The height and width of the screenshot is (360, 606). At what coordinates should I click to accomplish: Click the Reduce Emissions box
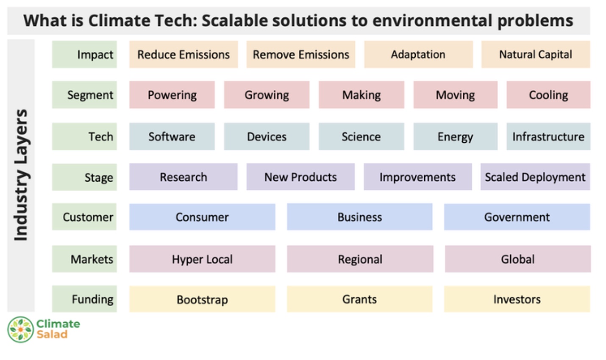(x=183, y=54)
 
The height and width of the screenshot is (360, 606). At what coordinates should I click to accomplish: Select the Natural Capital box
(x=535, y=54)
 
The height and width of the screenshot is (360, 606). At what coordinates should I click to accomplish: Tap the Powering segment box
(x=172, y=95)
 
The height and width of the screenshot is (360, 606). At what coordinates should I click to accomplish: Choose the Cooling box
(x=548, y=95)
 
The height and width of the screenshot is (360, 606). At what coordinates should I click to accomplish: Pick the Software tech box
(x=172, y=136)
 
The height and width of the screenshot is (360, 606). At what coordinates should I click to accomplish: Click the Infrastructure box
(x=548, y=136)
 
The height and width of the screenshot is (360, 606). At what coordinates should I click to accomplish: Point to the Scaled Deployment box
(x=535, y=177)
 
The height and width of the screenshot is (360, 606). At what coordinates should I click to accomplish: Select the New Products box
(x=300, y=177)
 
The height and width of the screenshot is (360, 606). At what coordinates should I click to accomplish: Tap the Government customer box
(x=517, y=217)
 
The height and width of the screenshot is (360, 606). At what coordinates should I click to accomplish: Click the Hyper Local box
(x=202, y=259)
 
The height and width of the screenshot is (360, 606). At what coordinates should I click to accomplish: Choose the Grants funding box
(x=359, y=299)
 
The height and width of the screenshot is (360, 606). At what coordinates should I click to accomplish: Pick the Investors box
(x=517, y=299)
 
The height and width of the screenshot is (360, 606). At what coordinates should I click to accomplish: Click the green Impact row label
(x=85, y=54)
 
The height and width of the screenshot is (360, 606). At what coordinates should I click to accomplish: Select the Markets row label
(x=85, y=259)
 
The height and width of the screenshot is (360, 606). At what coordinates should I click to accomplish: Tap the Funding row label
(x=85, y=299)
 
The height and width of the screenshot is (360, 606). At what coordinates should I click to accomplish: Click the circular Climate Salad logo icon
(x=20, y=329)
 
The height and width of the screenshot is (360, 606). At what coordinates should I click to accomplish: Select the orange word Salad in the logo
(x=52, y=335)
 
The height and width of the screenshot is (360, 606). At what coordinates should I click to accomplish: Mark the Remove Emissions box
(x=301, y=54)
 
